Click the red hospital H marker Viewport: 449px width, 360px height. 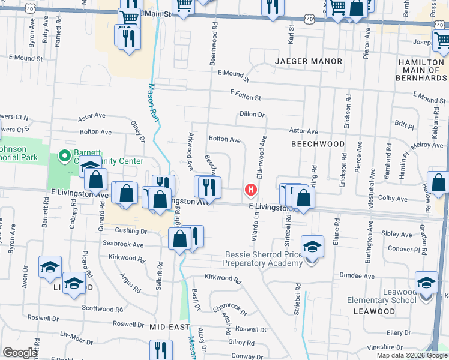[251, 191]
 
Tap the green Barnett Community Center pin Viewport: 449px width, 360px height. [65, 157]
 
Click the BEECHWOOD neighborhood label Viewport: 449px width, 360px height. [318, 144]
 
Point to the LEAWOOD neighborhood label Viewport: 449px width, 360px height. [374, 311]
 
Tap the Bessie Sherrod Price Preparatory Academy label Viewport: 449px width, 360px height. [263, 259]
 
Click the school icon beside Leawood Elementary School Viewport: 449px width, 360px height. [426, 282]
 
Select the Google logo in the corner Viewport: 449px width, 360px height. [20, 353]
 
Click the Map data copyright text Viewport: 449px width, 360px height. [411, 355]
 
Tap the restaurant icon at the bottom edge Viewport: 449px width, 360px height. [160, 350]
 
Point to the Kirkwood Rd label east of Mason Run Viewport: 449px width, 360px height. [223, 280]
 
